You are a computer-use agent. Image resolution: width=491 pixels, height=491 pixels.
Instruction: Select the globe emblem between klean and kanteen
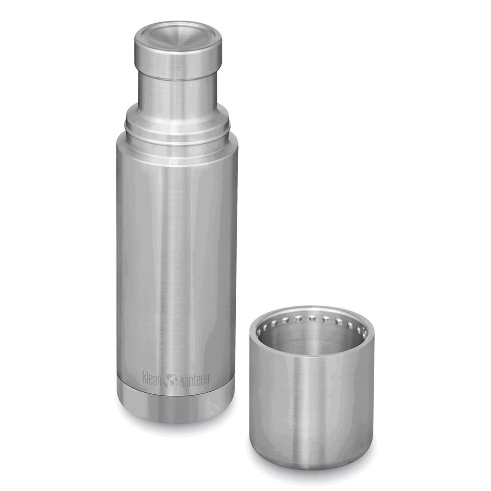tap(171, 380)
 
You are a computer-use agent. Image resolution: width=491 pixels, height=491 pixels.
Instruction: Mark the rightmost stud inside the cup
tap(365, 332)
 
